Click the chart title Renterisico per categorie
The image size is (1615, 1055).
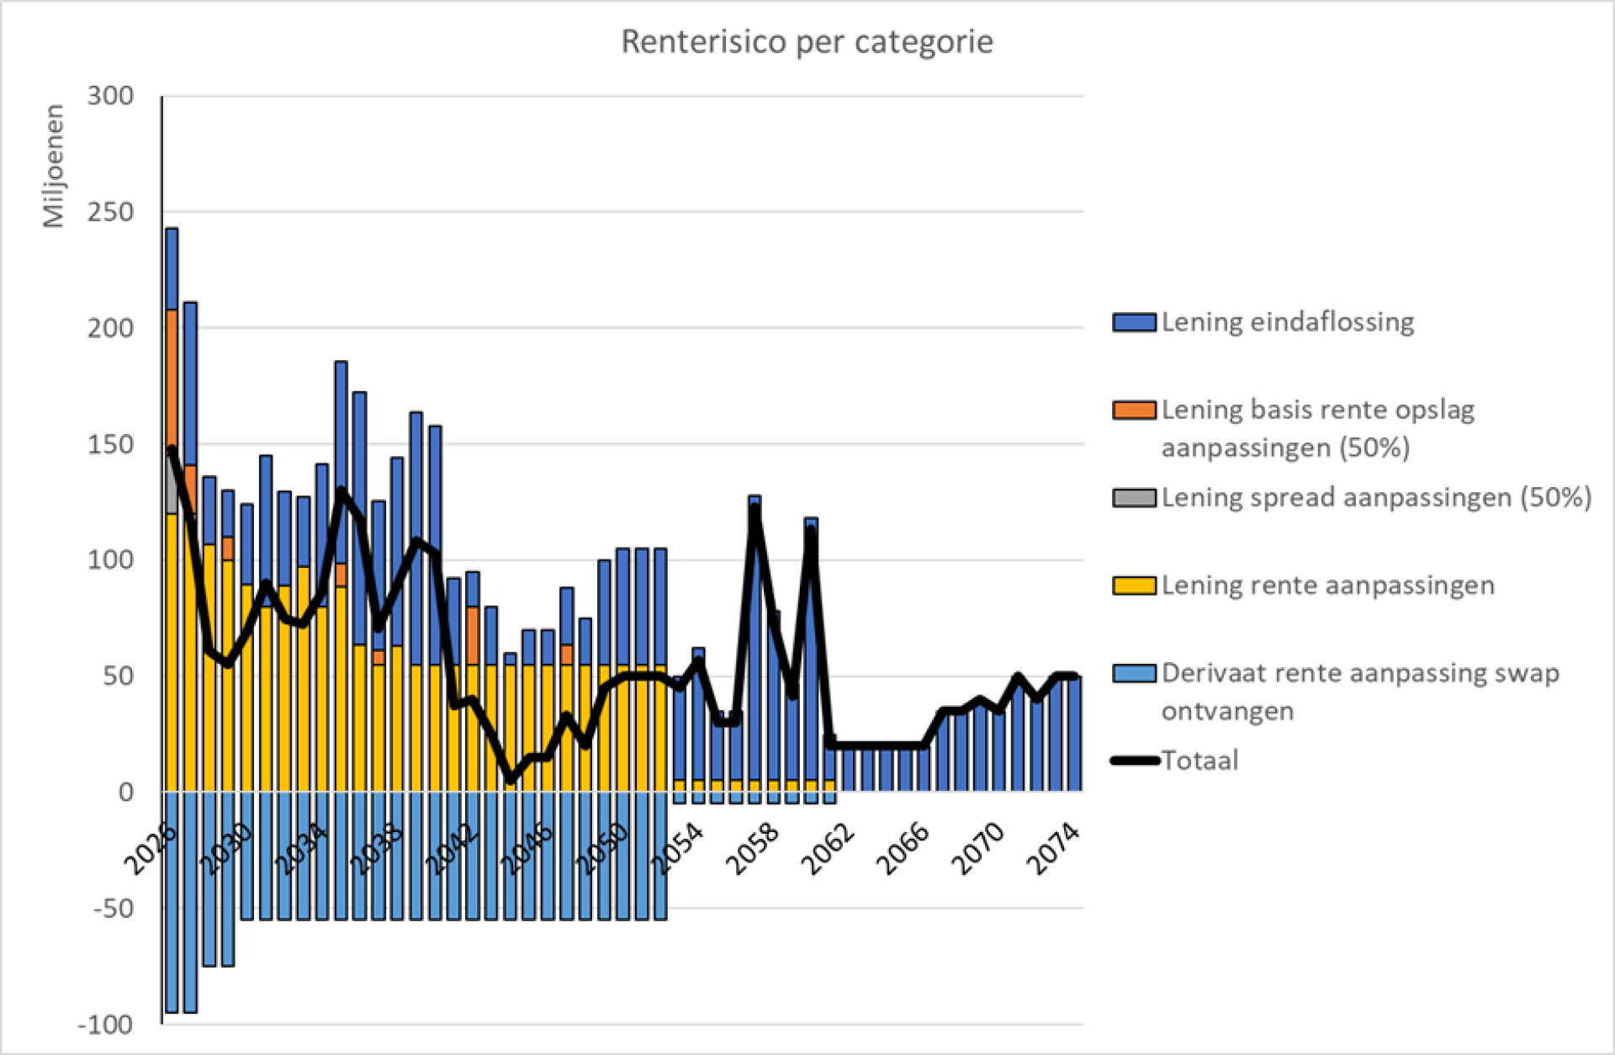(x=807, y=41)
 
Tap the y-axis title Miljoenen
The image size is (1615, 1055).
(x=54, y=166)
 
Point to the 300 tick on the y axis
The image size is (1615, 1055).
(x=110, y=96)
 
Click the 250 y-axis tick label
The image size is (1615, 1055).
(x=110, y=212)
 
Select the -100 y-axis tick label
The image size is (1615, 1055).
(x=105, y=1025)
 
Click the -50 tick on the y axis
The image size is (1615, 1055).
(x=114, y=909)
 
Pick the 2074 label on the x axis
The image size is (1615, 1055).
(x=1054, y=848)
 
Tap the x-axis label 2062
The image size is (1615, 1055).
(x=829, y=848)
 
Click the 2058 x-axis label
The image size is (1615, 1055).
(x=753, y=848)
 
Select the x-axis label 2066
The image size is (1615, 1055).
(x=903, y=848)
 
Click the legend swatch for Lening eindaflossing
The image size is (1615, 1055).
(x=1134, y=322)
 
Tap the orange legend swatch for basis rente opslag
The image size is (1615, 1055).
(x=1134, y=410)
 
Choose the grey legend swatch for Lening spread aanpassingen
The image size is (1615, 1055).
(x=1134, y=497)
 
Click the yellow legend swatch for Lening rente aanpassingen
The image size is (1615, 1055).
(x=1134, y=586)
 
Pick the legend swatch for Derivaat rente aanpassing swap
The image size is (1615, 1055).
(x=1134, y=673)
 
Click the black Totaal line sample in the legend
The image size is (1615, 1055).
(x=1136, y=761)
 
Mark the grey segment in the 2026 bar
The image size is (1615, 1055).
(x=172, y=480)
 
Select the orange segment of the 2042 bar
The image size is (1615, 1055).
(x=473, y=635)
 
